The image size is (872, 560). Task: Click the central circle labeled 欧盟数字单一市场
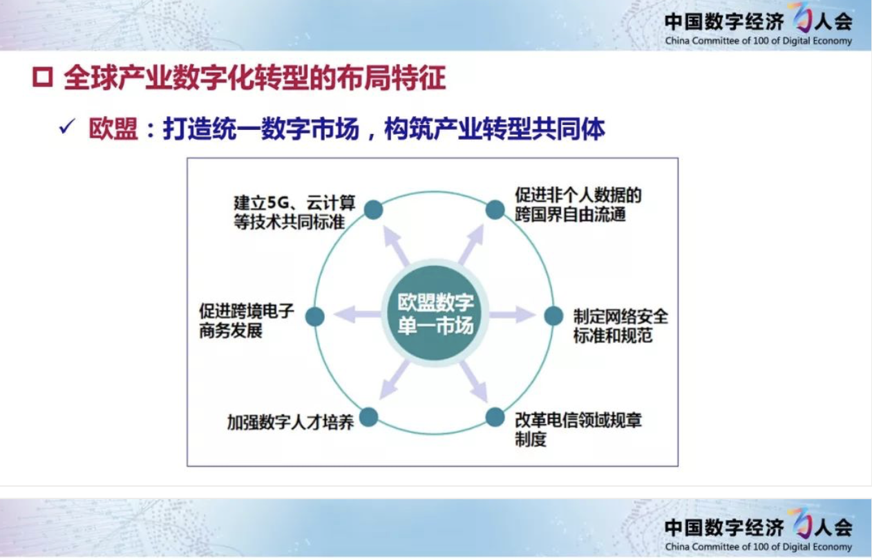click(435, 314)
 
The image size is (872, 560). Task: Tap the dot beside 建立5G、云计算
click(373, 209)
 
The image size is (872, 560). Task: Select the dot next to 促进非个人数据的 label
click(495, 209)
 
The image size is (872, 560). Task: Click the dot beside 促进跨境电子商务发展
click(315, 316)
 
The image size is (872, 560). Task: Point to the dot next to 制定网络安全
click(553, 315)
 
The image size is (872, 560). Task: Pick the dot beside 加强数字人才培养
click(368, 417)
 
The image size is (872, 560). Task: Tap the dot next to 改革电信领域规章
click(495, 417)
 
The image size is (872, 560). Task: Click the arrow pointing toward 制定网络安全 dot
click(512, 315)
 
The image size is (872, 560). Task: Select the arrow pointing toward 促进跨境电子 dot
click(357, 314)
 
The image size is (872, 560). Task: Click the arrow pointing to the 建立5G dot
click(397, 246)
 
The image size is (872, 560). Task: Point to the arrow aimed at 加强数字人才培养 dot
click(395, 380)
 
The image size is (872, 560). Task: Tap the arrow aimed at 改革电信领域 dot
click(474, 381)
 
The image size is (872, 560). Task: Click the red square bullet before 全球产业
click(42, 77)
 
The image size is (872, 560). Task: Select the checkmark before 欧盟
click(67, 127)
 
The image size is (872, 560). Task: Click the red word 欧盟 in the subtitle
click(113, 129)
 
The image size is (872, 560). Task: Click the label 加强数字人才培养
click(290, 422)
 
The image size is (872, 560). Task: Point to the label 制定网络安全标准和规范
click(620, 326)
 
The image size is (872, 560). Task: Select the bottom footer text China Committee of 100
click(758, 546)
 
